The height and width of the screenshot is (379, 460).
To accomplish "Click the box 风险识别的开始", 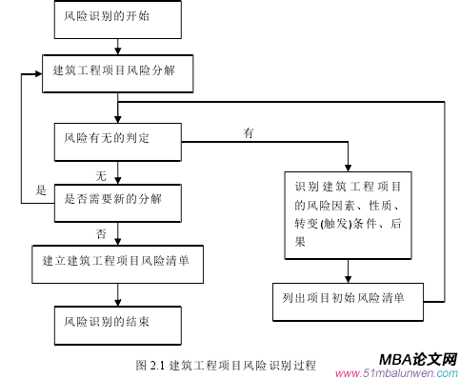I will pos(115,17).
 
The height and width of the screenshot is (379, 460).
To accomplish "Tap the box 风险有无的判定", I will pos(115,139).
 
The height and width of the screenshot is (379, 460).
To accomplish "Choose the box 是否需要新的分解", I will pos(115,198).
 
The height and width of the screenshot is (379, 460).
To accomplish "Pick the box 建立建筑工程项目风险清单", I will pos(115,260).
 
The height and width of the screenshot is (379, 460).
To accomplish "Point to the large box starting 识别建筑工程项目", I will pos(349,214).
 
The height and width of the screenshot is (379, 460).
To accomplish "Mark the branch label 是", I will pos(41,190).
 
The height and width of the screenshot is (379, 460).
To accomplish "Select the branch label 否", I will pos(100,233).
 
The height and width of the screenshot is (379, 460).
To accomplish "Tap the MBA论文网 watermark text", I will pos(418,358).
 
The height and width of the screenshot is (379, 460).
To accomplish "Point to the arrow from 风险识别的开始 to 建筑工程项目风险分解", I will pos(116,44).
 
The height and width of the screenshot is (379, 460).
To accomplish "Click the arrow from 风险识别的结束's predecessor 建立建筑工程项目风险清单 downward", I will pos(116,289).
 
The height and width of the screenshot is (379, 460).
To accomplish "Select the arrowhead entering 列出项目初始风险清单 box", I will pos(349,277).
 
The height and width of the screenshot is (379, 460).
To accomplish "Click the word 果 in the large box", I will pos(302,242).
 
